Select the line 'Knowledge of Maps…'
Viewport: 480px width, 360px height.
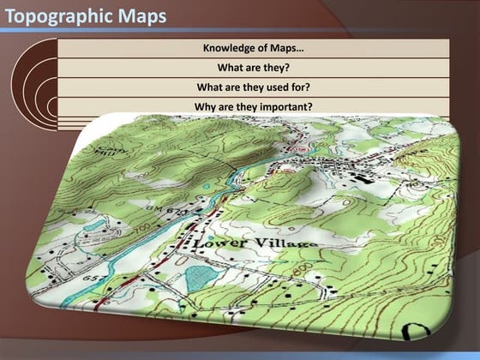tap(254, 47)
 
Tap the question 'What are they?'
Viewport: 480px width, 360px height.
tap(254, 67)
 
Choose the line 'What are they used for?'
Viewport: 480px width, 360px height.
tap(254, 87)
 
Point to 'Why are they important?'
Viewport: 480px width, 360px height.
tap(254, 106)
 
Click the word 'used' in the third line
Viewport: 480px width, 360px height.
tap(273, 87)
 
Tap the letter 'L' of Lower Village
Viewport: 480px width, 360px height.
tap(199, 244)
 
